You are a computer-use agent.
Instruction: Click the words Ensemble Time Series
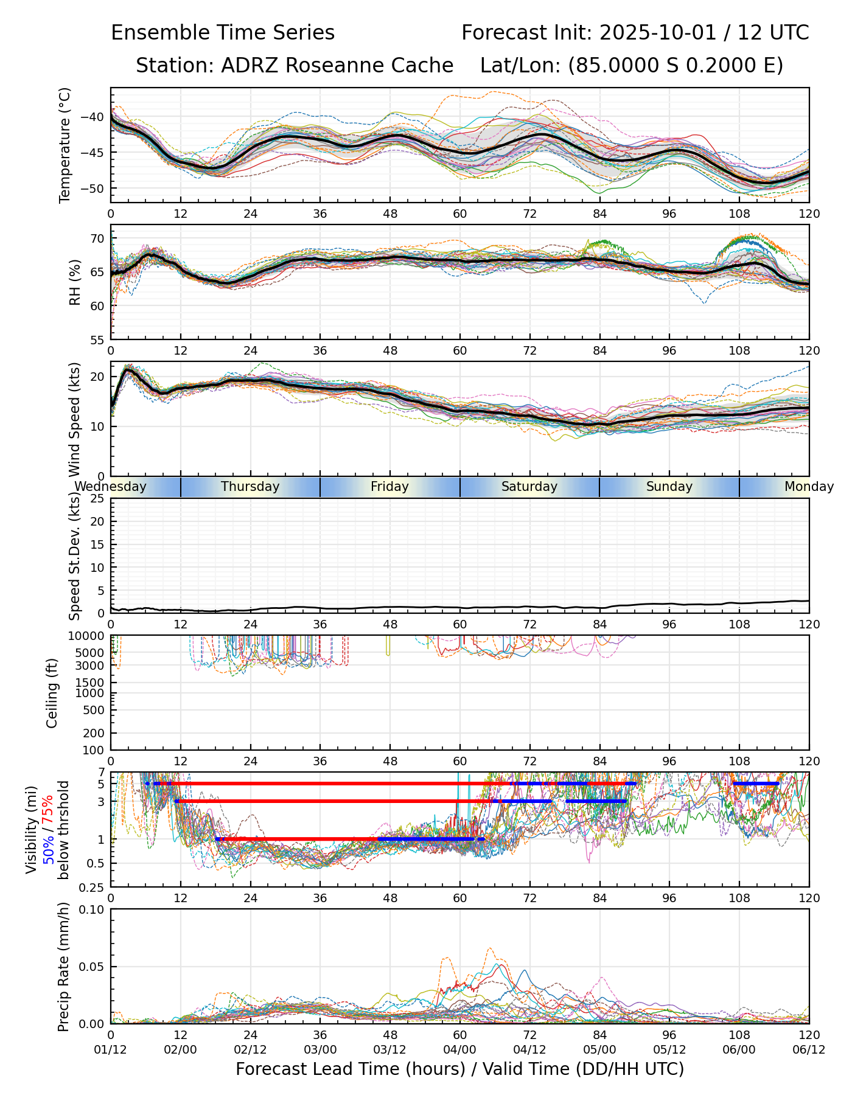coord(223,33)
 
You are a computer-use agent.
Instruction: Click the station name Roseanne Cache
coord(369,65)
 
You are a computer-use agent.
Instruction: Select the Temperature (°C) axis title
coord(65,145)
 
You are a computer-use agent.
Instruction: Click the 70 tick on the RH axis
coord(97,238)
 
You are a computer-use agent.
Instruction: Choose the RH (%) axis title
coord(75,282)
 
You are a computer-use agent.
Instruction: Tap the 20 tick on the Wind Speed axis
coord(97,377)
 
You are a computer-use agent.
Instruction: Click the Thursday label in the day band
coord(250,487)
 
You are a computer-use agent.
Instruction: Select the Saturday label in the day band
coord(529,487)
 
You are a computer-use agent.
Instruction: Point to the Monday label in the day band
coord(809,487)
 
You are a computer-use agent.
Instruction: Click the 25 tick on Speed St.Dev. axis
coord(97,499)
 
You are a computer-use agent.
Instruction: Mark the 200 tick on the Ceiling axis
coord(93,733)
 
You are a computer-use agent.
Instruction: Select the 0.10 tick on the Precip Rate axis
coord(91,910)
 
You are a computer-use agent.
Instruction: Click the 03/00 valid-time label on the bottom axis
coord(320,1049)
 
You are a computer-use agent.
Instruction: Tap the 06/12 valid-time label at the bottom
coord(809,1049)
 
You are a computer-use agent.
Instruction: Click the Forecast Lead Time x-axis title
coord(459,1069)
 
